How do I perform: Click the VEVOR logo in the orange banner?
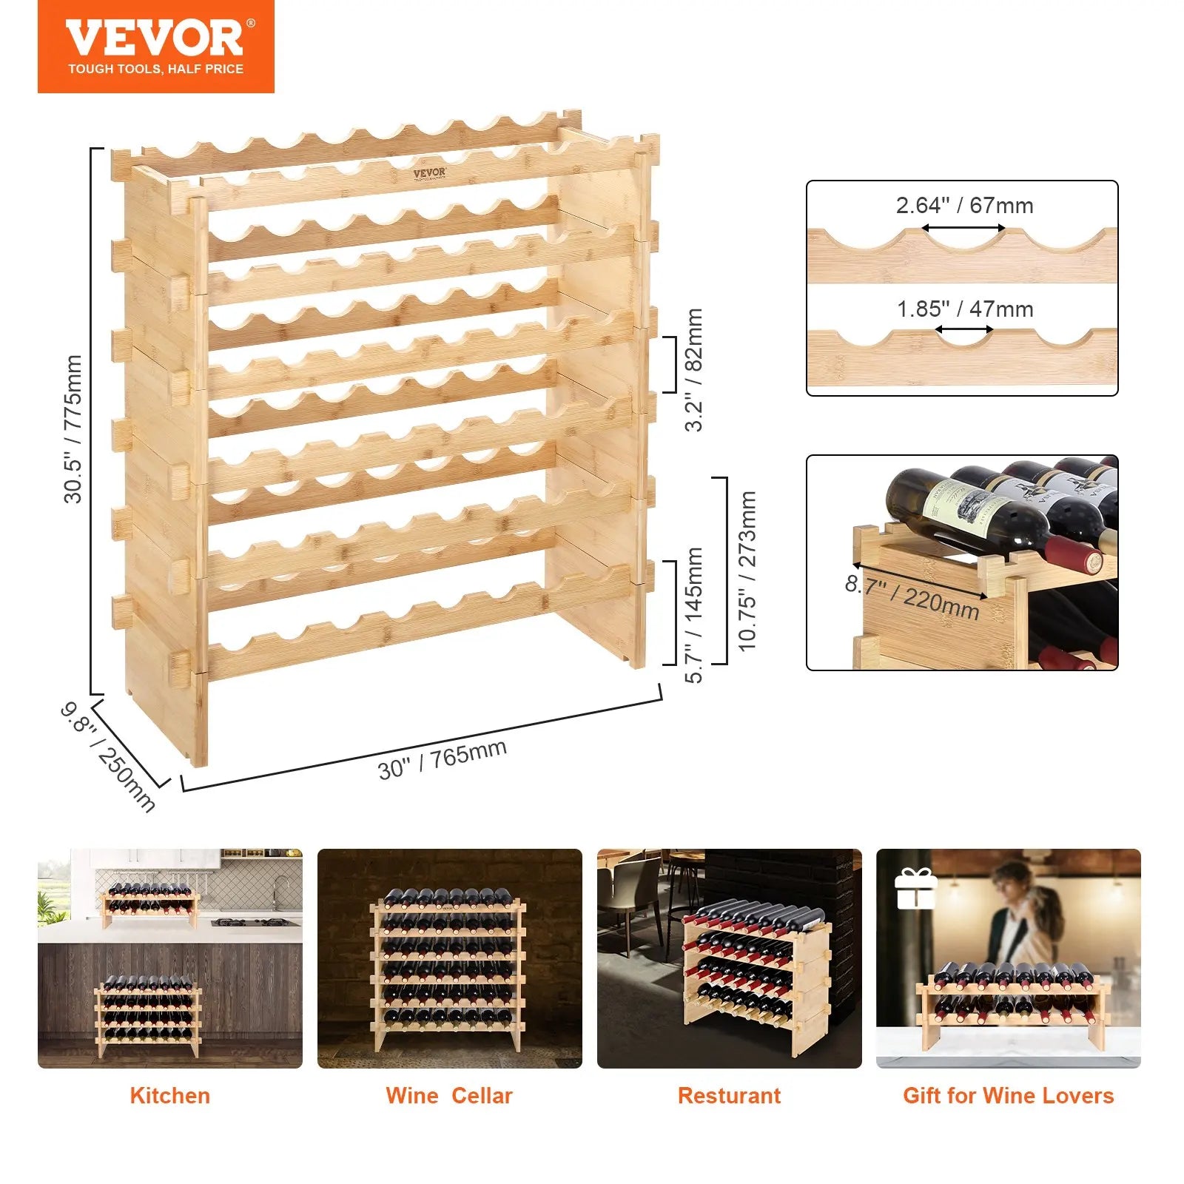click(155, 38)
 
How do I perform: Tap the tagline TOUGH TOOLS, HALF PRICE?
click(155, 70)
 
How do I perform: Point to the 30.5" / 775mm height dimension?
click(73, 429)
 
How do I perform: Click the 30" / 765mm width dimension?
click(442, 759)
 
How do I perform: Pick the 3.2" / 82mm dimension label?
click(694, 370)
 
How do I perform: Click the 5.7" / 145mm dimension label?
click(694, 614)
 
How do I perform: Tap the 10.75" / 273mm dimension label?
click(747, 571)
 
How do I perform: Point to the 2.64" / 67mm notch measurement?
click(964, 206)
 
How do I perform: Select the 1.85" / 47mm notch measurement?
click(964, 309)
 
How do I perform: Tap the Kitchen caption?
click(169, 1096)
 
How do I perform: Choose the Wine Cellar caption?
click(448, 1096)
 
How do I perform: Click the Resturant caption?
click(729, 1096)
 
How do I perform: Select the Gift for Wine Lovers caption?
click(1008, 1096)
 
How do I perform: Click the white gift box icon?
click(915, 889)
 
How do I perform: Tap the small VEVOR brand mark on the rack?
click(429, 173)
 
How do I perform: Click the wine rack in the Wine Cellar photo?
click(448, 962)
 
